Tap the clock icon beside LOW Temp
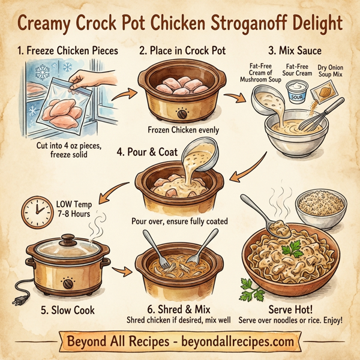(37, 211)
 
